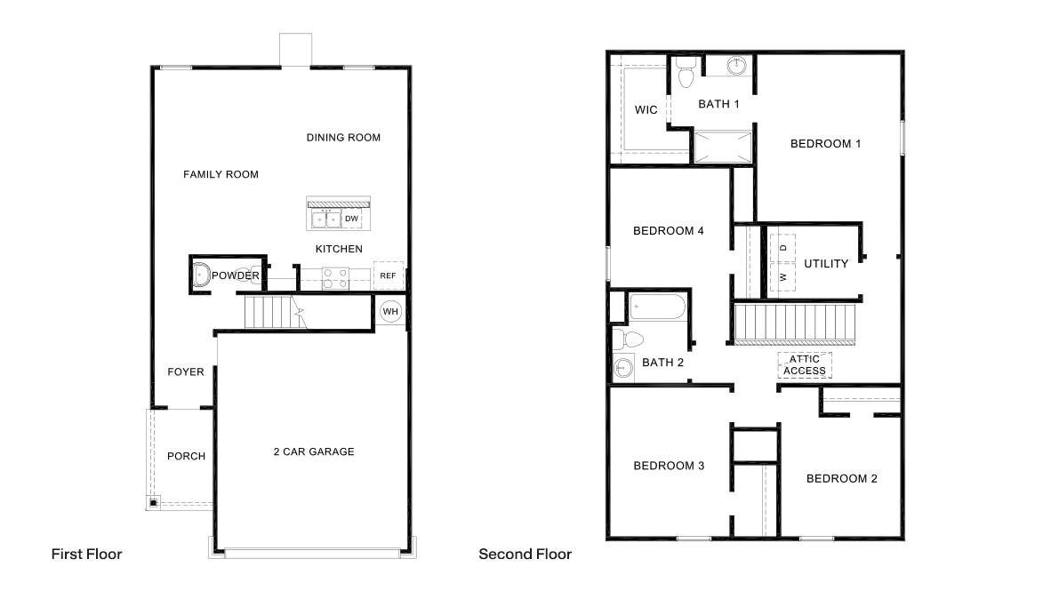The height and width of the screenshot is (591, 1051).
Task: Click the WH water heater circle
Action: pos(389,312)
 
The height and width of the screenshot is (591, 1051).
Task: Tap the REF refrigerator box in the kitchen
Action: pos(388,276)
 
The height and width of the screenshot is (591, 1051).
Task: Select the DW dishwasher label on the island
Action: pos(352,219)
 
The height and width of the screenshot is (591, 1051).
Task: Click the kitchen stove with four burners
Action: pos(334,278)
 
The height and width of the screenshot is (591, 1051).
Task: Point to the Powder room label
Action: pos(236,276)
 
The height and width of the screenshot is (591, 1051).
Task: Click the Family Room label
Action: pos(221,174)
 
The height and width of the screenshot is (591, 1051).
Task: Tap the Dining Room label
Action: pos(343,138)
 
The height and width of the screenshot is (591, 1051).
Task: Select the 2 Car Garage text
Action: pos(313,451)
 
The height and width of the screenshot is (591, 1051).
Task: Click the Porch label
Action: pos(186,457)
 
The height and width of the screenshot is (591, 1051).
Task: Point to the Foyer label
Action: pos(185,372)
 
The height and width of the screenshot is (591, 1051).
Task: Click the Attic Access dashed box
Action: pos(805,365)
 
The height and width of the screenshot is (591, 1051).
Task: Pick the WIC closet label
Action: pos(646,110)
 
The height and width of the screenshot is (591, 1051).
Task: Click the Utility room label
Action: pos(826,264)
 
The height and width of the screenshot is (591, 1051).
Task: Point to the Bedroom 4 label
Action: pos(668,231)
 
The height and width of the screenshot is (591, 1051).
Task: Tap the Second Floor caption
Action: pos(525,555)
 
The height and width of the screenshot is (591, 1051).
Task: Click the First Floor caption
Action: pos(86,555)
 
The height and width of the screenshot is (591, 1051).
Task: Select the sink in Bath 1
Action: pos(737,65)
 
